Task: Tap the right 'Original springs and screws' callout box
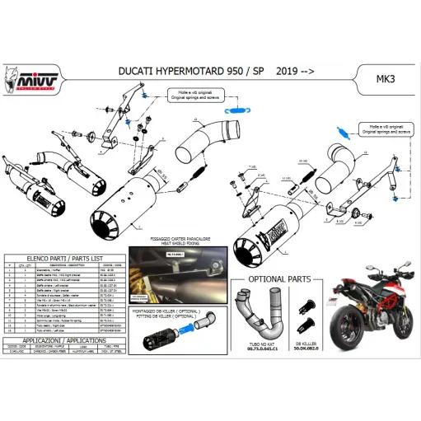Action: click(x=384, y=129)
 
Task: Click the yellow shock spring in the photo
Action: click(x=164, y=285)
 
